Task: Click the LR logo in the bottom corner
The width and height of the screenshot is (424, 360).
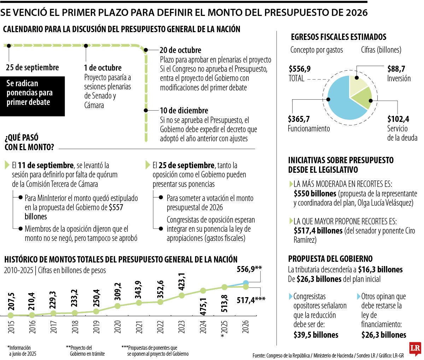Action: (x=415, y=349)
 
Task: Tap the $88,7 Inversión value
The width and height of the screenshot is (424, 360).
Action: (x=396, y=69)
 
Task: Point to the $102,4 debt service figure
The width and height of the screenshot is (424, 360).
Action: (x=398, y=119)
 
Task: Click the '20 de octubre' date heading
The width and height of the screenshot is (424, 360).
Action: (x=180, y=50)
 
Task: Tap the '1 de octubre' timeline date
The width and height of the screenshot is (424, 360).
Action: (x=102, y=68)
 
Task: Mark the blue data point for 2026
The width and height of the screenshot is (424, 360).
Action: (x=246, y=283)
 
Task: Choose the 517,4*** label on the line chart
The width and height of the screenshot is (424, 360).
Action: (x=251, y=300)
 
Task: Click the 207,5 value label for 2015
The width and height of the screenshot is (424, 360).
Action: (x=11, y=301)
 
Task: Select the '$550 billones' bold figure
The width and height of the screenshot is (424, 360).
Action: (x=315, y=194)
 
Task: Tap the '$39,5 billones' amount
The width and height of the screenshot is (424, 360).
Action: (x=316, y=335)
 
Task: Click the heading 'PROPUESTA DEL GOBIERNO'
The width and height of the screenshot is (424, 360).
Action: (x=330, y=259)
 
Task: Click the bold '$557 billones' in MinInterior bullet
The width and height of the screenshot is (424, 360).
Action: (x=74, y=212)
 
